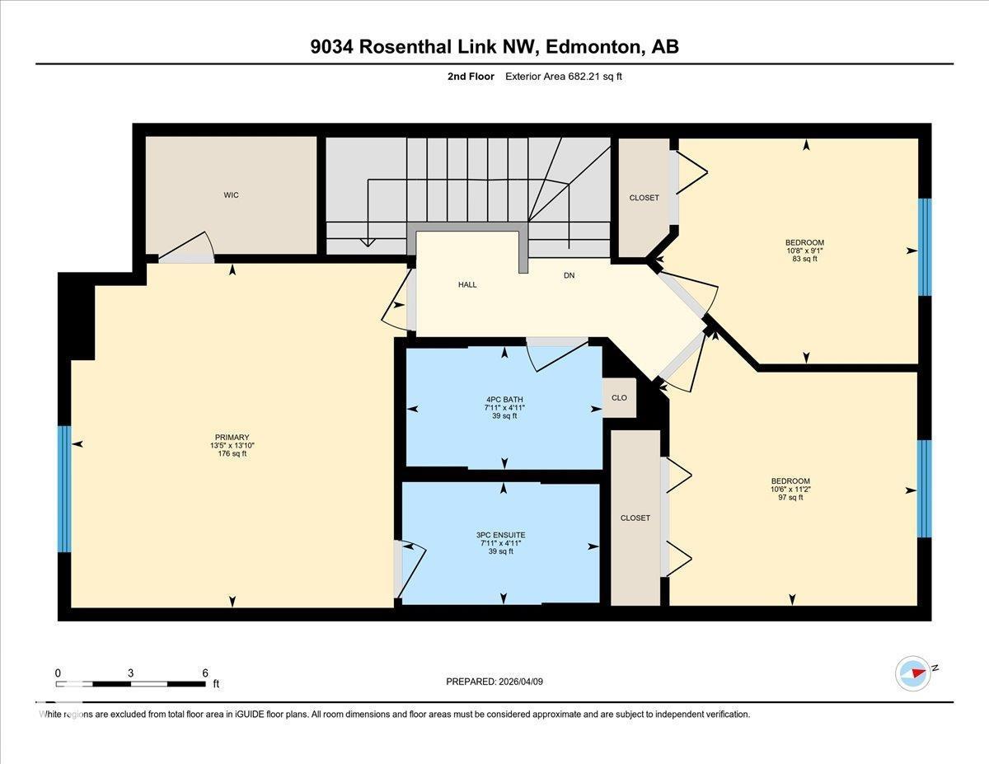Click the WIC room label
[x=231, y=195]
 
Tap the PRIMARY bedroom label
[x=232, y=438]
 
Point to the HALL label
[x=467, y=284]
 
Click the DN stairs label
[x=569, y=275]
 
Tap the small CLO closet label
[x=619, y=397]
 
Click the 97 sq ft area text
[x=790, y=497]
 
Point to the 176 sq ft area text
[x=232, y=453]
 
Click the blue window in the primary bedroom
[x=64, y=489]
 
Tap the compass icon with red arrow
[x=913, y=673]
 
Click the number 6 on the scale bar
[x=205, y=673]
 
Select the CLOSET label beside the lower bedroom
[x=635, y=518]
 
